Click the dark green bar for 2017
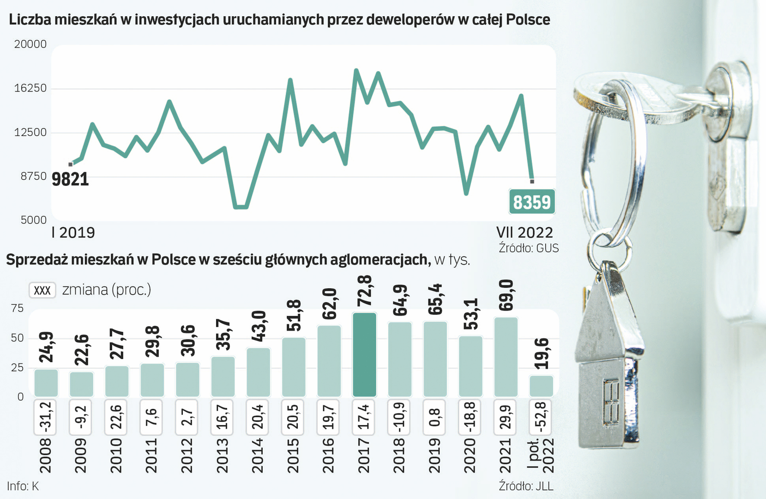[364, 355]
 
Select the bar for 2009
[81, 384]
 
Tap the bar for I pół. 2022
[541, 386]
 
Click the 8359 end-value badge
[532, 202]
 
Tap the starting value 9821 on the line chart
[70, 179]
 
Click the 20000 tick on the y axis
[30, 44]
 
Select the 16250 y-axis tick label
[30, 88]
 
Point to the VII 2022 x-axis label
[525, 232]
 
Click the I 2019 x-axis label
[73, 232]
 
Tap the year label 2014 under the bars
[258, 456]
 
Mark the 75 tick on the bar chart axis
[17, 309]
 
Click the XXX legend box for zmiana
[42, 290]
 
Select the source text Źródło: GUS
[529, 248]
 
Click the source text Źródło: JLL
[526, 486]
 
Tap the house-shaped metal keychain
[608, 370]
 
